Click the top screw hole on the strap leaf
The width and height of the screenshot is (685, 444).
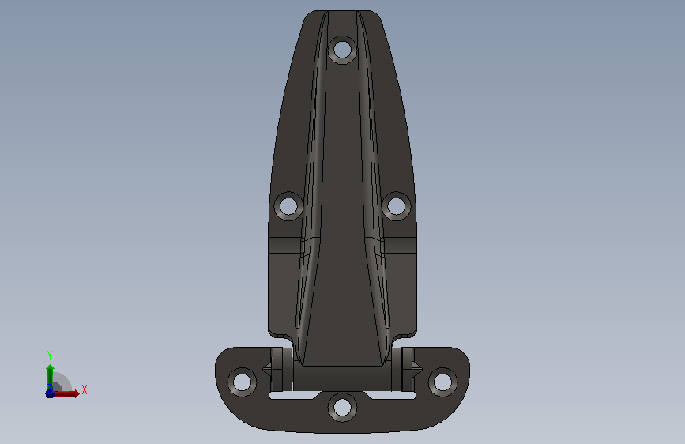coord(342,50)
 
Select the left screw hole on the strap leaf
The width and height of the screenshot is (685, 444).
coord(288,206)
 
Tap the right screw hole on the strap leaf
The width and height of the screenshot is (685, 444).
coord(397,206)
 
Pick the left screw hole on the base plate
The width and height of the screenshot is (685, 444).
coord(242,382)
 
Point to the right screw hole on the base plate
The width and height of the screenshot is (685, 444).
coord(442,382)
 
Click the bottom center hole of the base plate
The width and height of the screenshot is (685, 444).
coord(342,408)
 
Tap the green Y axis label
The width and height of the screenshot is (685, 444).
coord(50,355)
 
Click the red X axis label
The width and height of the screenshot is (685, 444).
coord(85,389)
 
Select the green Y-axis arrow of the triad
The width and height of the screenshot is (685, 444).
coord(50,378)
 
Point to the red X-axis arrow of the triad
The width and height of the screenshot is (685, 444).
coord(66,393)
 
